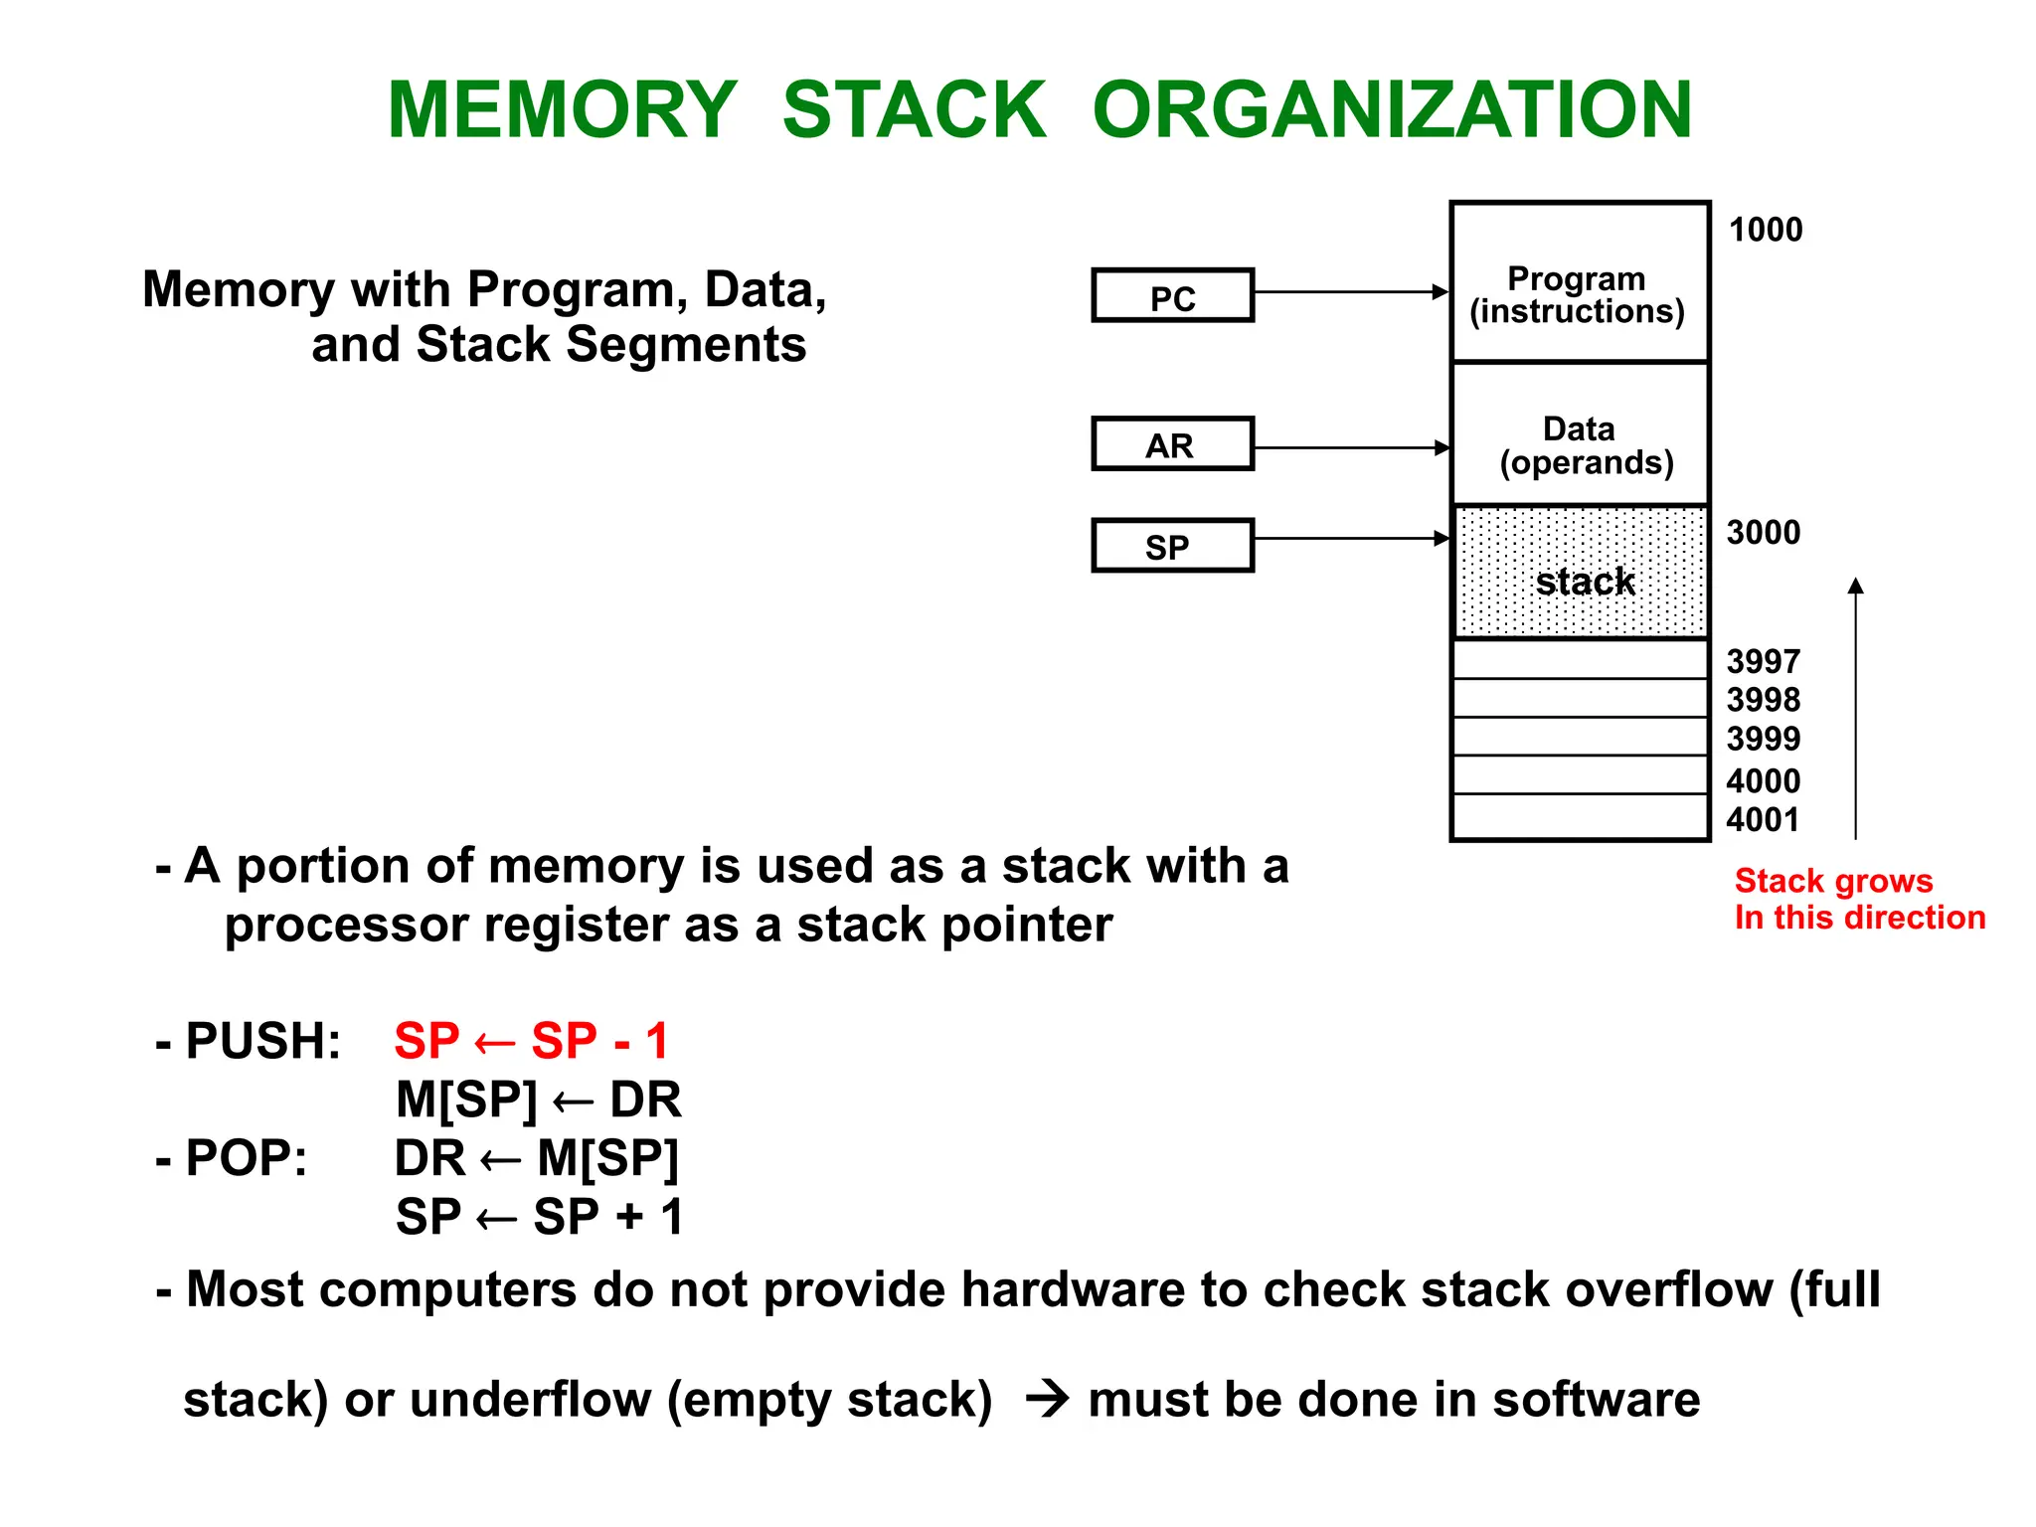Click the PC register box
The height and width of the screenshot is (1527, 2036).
click(1172, 295)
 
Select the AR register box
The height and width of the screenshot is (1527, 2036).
click(1172, 444)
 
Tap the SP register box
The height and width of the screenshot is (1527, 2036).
click(1172, 546)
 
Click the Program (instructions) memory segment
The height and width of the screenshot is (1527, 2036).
click(1579, 283)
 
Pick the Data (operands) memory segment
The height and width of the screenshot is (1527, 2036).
click(1579, 435)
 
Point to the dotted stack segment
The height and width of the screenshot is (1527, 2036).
click(1579, 573)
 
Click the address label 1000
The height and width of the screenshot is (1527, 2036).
click(1765, 230)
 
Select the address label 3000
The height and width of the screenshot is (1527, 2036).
click(1763, 533)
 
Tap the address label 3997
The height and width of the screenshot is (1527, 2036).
click(1763, 661)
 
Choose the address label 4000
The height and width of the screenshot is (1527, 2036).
click(1763, 780)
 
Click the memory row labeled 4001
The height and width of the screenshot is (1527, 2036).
click(1579, 817)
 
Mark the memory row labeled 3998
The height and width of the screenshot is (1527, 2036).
click(1579, 698)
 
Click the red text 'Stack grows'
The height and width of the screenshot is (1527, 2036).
click(1833, 881)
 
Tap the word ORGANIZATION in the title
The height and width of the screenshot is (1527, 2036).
click(1392, 109)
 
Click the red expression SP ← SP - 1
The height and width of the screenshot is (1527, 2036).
click(531, 1041)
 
